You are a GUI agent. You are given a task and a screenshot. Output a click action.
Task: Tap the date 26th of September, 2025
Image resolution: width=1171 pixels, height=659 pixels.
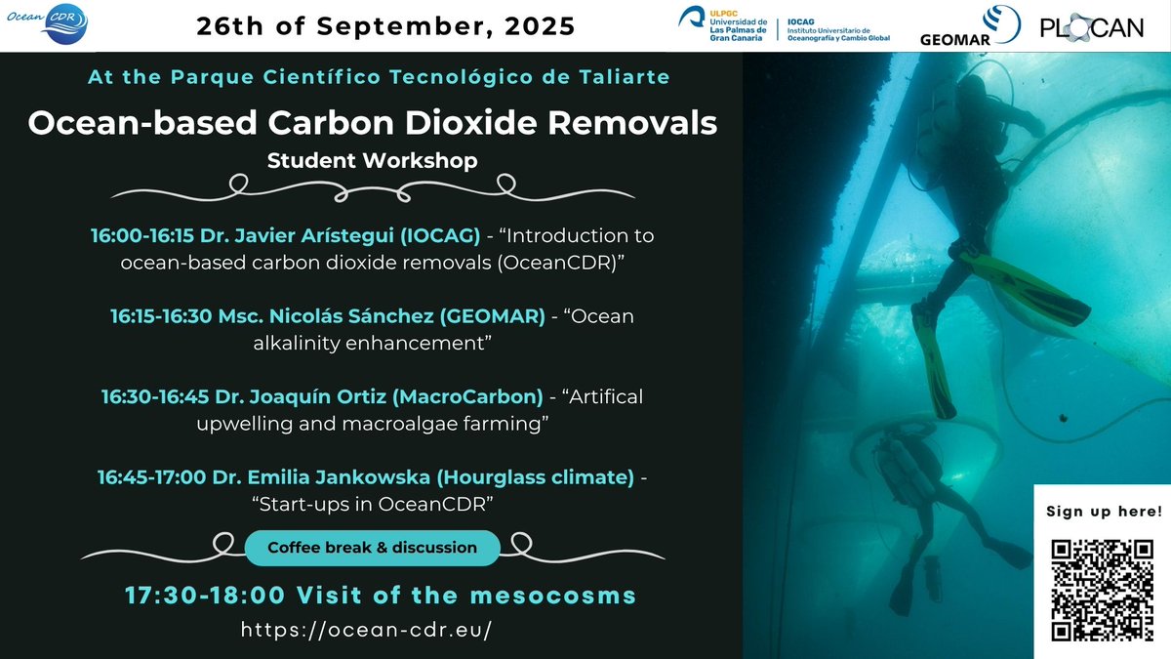(x=385, y=26)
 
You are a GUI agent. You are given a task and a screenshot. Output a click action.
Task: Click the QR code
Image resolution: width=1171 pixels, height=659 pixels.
(x=1102, y=590)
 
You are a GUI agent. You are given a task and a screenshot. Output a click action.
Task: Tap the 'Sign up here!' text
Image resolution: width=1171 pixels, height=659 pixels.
(x=1104, y=511)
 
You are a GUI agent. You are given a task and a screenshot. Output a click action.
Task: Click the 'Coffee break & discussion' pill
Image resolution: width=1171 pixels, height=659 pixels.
(x=372, y=548)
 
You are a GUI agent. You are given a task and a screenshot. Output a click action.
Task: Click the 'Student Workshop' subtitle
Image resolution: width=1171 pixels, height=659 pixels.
(x=372, y=160)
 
